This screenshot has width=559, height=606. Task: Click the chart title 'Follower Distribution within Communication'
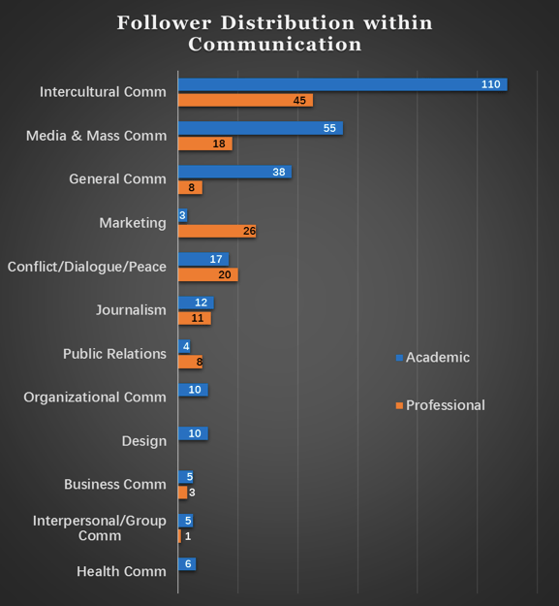point(275,33)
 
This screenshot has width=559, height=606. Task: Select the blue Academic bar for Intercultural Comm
point(342,84)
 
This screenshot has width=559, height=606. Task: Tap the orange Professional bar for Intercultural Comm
point(245,100)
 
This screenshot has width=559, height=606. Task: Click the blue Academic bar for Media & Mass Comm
point(260,128)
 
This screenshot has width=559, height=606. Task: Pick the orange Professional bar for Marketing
point(216,231)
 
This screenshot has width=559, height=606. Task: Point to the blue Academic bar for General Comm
point(234,172)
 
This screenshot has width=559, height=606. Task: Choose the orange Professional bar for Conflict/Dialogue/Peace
point(207,274)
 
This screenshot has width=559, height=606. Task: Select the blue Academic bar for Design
point(193,433)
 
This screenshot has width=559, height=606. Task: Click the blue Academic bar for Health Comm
point(187,564)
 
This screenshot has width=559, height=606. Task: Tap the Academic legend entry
point(437,357)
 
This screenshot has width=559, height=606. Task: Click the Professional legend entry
point(445,404)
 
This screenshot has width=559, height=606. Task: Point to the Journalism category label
point(131,310)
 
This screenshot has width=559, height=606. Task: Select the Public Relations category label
point(114,354)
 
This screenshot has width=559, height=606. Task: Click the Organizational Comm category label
point(95,398)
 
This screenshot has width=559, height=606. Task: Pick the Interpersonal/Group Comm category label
point(100,527)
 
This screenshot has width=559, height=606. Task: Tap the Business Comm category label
point(115,484)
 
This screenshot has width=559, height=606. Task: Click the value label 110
point(490,84)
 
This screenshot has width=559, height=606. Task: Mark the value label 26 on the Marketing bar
point(248,231)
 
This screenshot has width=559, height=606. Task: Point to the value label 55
point(328,128)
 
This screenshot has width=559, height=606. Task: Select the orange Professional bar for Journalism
point(194,318)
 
